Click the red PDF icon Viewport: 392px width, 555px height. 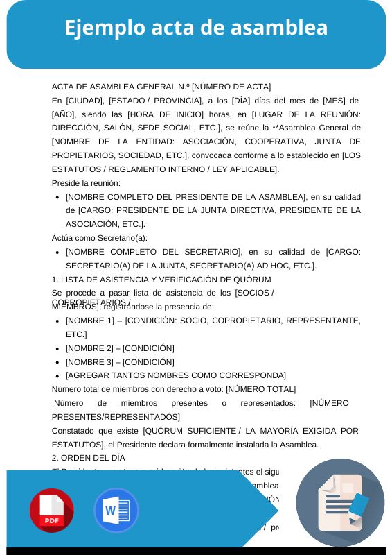(51, 511)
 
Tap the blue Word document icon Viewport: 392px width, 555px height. (116, 511)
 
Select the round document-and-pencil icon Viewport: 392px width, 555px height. (340, 502)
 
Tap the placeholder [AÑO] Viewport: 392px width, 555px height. (63, 114)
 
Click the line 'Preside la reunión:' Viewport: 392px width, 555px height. (86, 183)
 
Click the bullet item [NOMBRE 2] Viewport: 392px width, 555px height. (120, 348)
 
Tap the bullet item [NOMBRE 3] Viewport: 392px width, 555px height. (120, 362)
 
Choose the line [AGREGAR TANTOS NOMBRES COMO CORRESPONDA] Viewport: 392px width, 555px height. (176, 375)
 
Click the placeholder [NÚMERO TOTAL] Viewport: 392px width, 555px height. (261, 389)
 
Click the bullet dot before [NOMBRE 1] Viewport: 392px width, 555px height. (56, 321)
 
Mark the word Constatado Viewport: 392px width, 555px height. (75, 432)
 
